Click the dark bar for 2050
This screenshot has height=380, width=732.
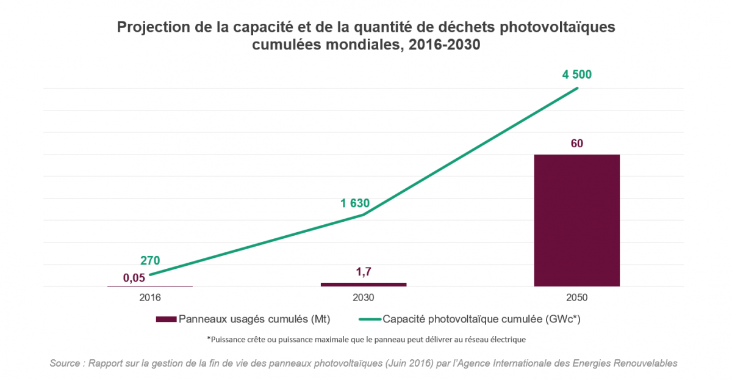(576, 220)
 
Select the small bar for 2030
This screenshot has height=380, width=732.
(364, 284)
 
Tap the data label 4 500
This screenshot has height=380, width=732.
(576, 75)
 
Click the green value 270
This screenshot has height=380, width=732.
(149, 260)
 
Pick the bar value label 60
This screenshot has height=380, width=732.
(576, 144)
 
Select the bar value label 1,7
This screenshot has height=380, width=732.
(364, 271)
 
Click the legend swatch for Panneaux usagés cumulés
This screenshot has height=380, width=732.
(166, 319)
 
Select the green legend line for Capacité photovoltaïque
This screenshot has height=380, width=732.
(369, 319)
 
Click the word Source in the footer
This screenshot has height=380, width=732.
(65, 364)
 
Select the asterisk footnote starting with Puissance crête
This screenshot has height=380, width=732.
(366, 338)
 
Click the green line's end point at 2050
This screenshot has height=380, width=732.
(577, 89)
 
